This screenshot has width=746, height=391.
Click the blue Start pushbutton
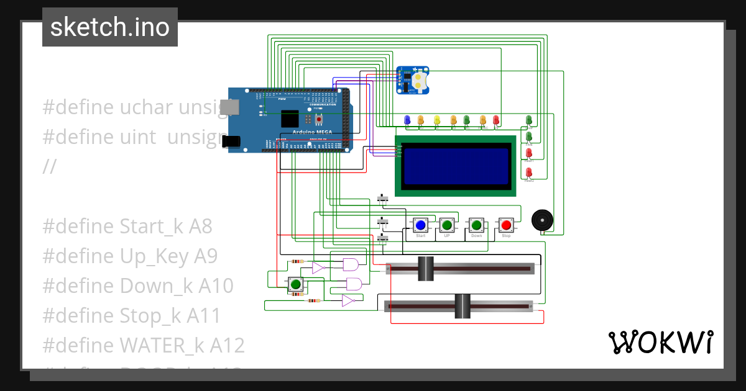420,225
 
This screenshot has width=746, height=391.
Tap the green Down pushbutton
476,225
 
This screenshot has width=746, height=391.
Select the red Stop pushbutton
506,225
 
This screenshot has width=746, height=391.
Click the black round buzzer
542,220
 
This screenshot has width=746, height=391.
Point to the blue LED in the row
407,119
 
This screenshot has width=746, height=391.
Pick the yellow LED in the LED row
436,119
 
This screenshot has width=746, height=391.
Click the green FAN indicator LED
529,136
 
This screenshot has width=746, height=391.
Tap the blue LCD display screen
456,166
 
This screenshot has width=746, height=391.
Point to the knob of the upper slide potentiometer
425,269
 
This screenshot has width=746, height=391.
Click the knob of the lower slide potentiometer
463,306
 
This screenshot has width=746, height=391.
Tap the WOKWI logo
660,342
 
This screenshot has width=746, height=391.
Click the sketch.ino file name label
110,27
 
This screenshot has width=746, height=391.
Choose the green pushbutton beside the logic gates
295,285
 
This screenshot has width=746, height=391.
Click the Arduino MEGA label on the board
312,132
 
